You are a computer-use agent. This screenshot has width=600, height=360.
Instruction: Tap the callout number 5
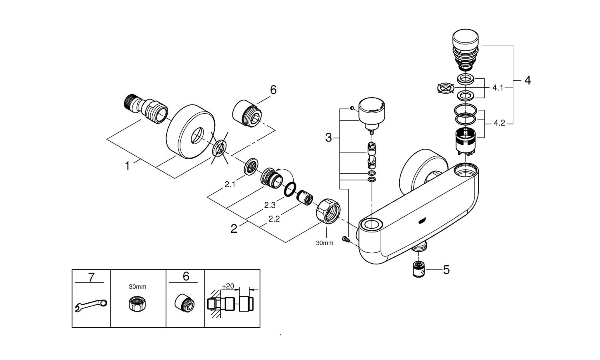[446, 270]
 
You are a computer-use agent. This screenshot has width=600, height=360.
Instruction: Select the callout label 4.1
[498, 88]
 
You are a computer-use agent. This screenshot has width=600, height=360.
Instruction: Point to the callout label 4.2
[499, 123]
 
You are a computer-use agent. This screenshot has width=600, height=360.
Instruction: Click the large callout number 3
[328, 138]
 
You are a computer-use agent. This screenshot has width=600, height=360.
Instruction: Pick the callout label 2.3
[270, 205]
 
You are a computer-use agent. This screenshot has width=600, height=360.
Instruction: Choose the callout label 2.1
[230, 184]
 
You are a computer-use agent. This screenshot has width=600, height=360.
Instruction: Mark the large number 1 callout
[128, 166]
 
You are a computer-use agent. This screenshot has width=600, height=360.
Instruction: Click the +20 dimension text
[228, 286]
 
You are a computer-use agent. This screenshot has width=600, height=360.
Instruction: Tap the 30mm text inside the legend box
[138, 287]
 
